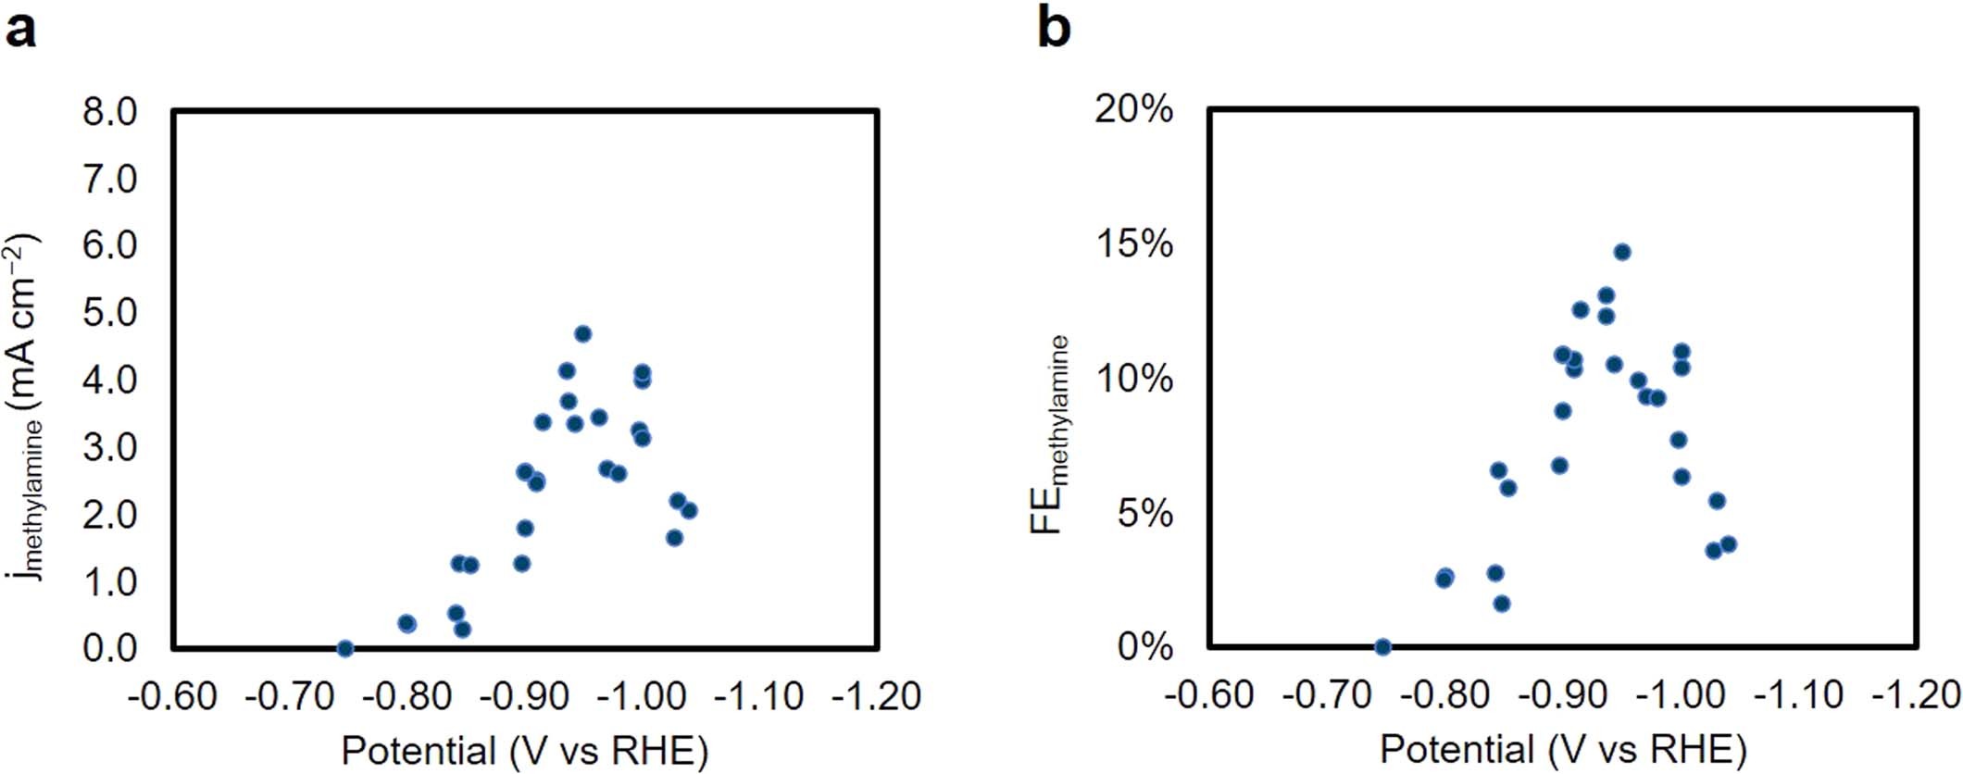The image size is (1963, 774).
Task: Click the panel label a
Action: [x=20, y=30]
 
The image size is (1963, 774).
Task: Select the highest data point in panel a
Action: [x=582, y=334]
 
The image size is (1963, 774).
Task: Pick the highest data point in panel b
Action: [x=1621, y=252]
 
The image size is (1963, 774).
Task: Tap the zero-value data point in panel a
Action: [x=344, y=648]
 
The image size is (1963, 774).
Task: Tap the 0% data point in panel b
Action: [x=1382, y=646]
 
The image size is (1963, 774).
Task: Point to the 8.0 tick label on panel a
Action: [x=109, y=112]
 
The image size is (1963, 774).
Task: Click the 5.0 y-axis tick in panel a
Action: [x=109, y=313]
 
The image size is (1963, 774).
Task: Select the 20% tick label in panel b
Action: [x=1133, y=110]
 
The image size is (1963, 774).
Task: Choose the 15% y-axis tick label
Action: [x=1133, y=244]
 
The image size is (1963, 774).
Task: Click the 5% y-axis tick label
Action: [x=1144, y=513]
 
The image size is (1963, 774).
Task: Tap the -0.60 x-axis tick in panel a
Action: [x=172, y=696]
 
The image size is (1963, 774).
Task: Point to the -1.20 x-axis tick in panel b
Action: [x=1917, y=694]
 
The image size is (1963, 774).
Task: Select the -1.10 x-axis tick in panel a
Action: [x=759, y=696]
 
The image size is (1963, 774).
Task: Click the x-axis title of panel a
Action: [x=524, y=751]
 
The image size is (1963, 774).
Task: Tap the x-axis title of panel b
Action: [x=1563, y=749]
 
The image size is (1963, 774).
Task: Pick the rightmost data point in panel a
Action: [x=688, y=510]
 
